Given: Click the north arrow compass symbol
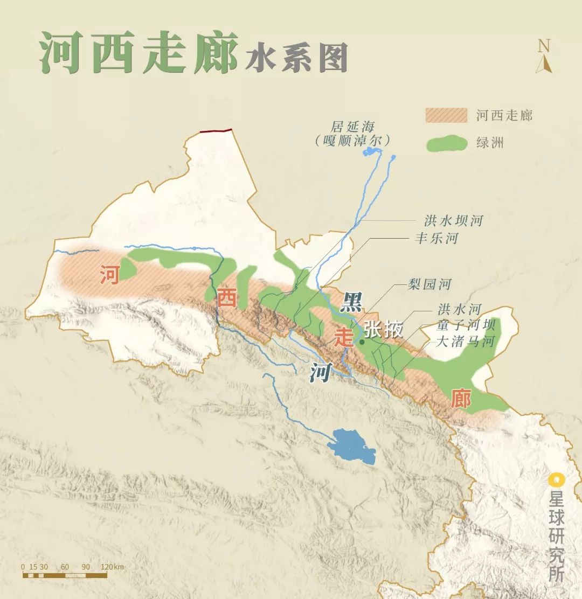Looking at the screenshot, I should click(x=544, y=56).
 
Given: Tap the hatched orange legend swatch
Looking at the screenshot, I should click(x=446, y=115).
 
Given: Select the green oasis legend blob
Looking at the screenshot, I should click(x=446, y=143).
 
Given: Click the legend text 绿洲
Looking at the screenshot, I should click(x=489, y=143).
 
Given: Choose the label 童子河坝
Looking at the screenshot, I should click(x=458, y=325).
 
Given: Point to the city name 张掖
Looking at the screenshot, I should click(x=383, y=329).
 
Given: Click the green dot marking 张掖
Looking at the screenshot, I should click(x=362, y=341).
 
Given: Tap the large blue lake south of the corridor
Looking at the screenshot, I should click(x=351, y=446).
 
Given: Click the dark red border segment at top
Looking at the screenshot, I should click(x=216, y=130).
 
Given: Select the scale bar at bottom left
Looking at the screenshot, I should click(x=65, y=575).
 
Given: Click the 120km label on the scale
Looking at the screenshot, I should click(x=112, y=567).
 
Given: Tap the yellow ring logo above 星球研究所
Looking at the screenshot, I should click(x=556, y=479).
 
